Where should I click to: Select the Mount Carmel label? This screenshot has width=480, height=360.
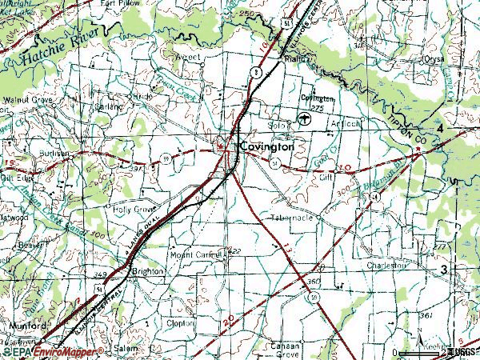[x=194, y=255]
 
